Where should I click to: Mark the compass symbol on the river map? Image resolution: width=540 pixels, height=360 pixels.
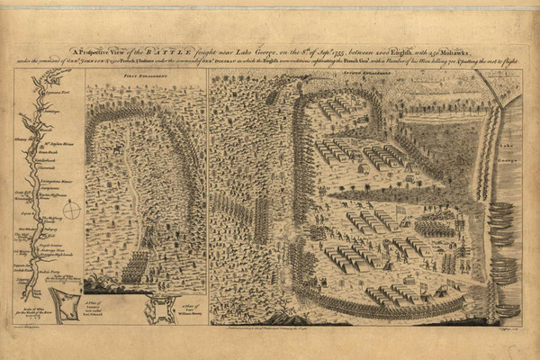pos(71,210)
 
